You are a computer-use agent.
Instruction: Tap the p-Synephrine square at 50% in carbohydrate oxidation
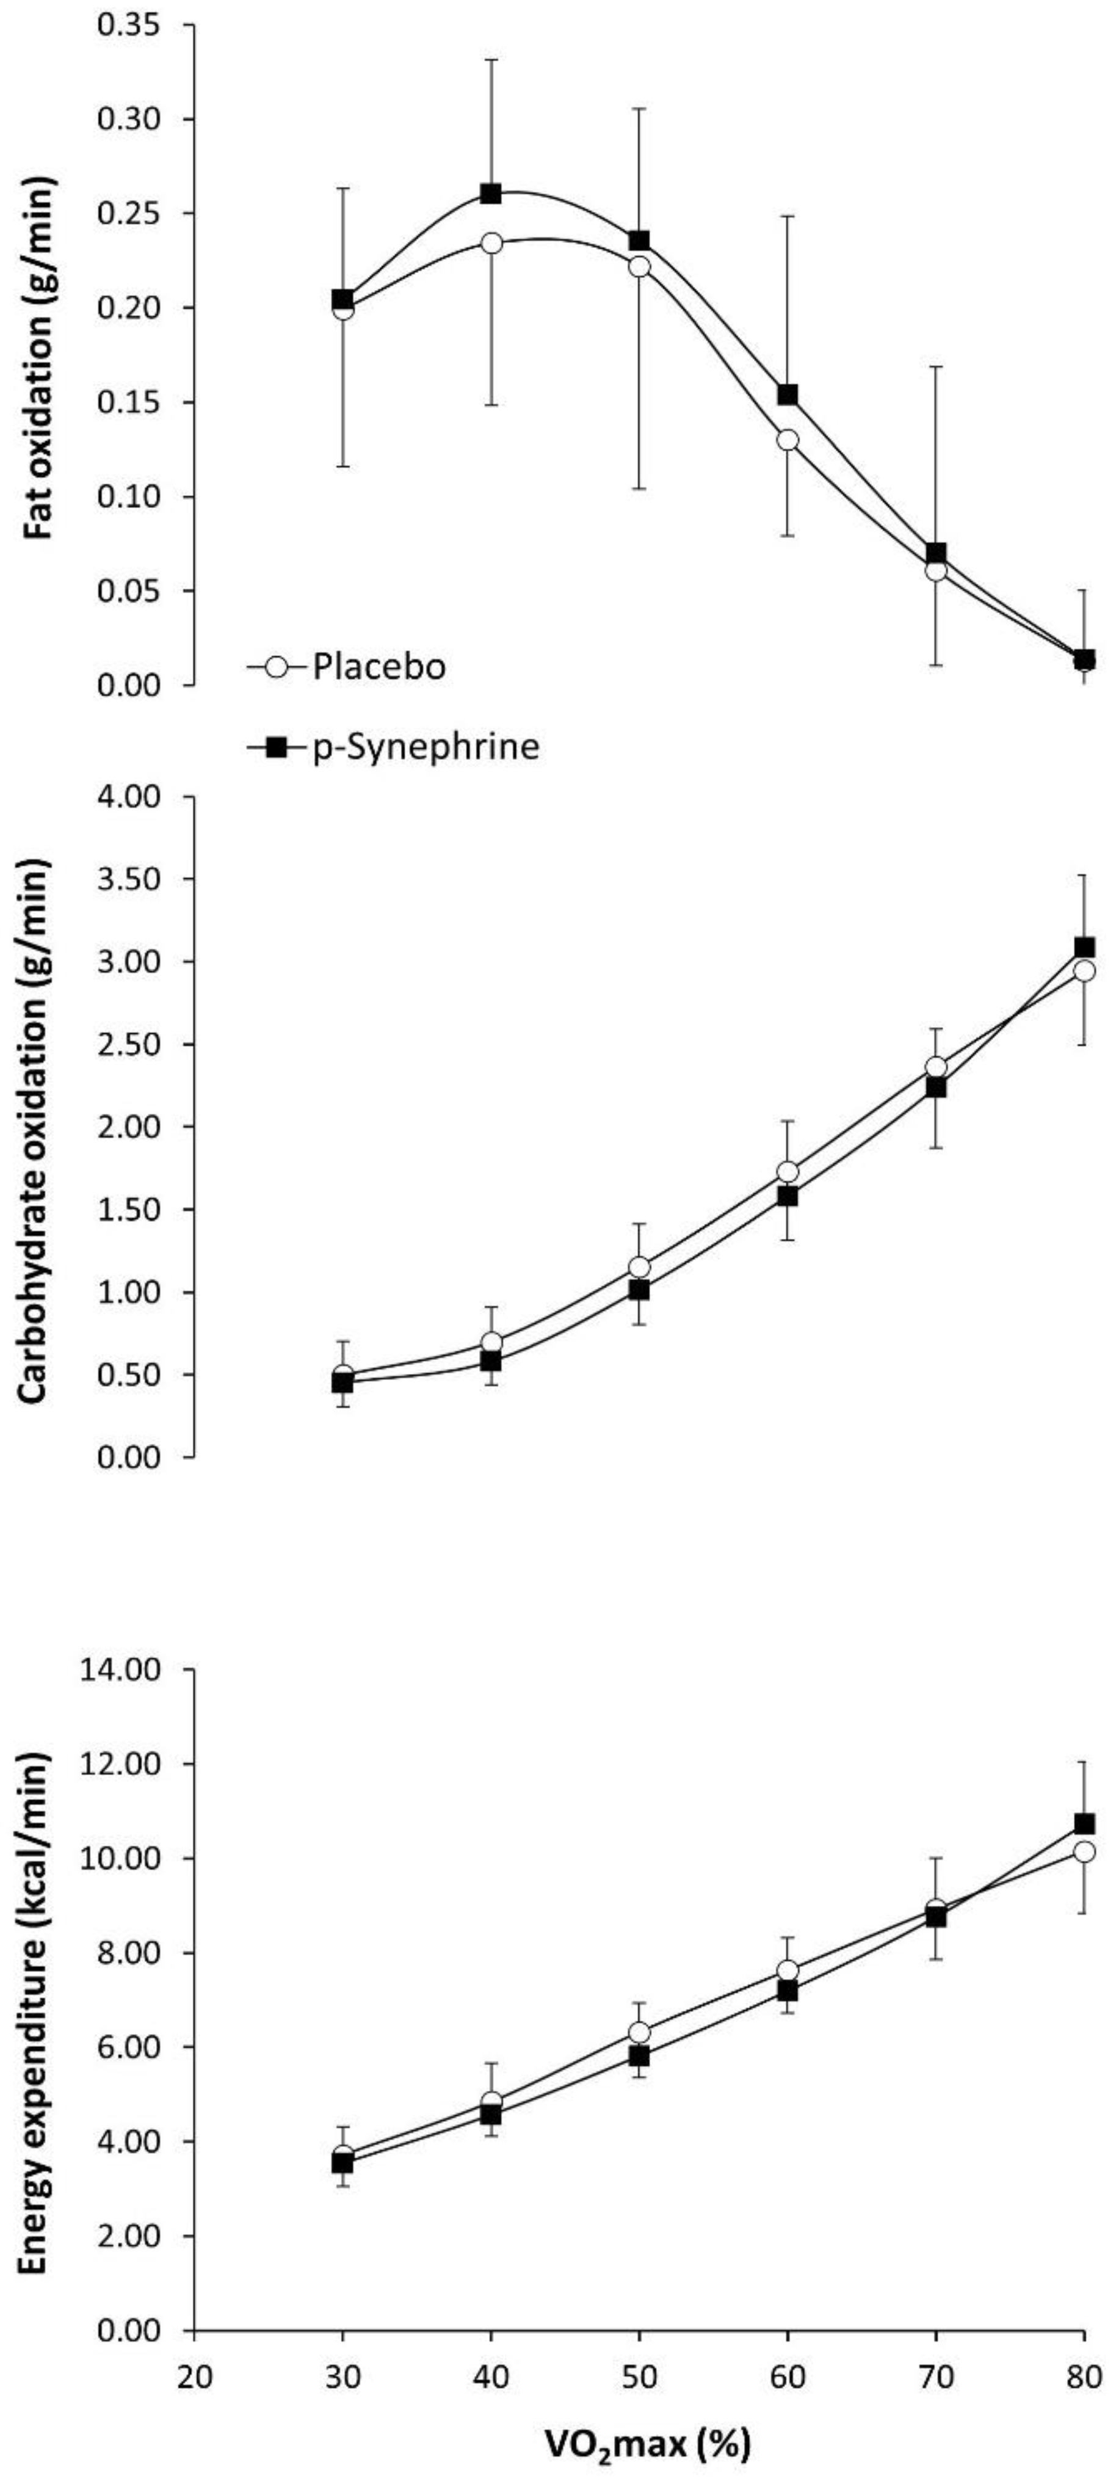pyautogui.click(x=639, y=1290)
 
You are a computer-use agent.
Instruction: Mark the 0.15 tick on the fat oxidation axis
pyautogui.click(x=133, y=402)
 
